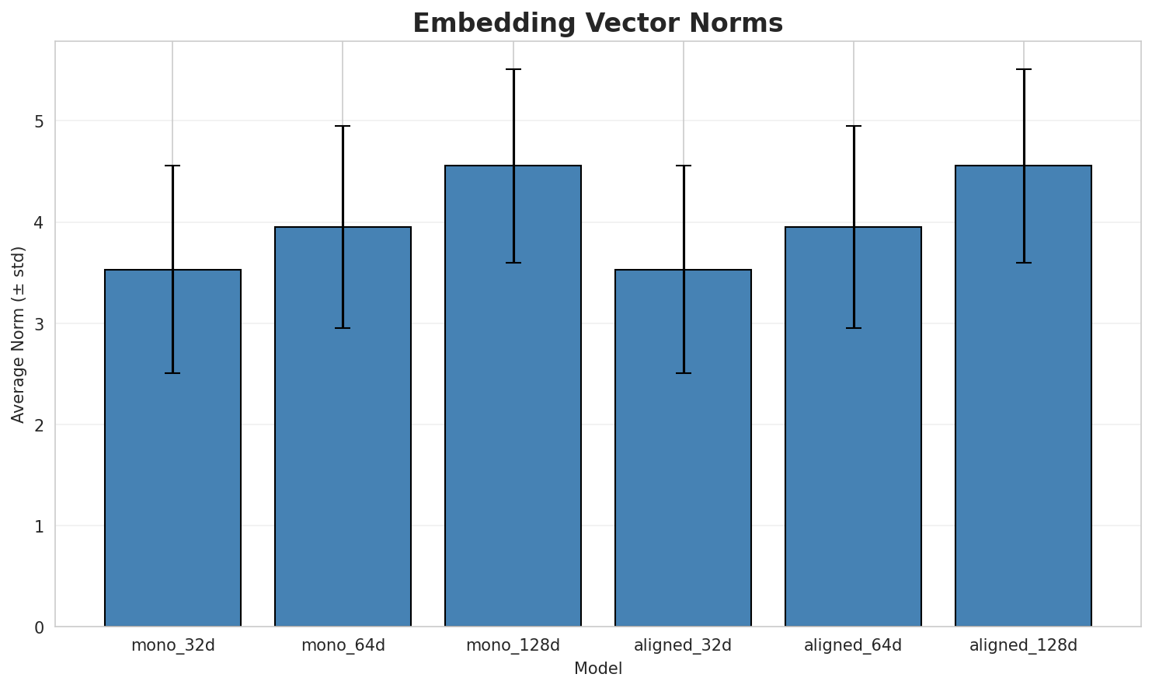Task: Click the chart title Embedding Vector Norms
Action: pos(597,23)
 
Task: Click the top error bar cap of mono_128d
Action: pos(513,69)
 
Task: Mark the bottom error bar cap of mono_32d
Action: pos(172,373)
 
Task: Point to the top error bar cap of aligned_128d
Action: pos(1023,69)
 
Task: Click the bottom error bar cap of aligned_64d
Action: pos(853,328)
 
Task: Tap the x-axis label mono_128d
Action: pos(513,645)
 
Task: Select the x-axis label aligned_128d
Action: pos(1023,645)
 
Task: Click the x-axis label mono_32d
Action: pos(172,645)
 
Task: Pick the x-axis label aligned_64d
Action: pos(853,645)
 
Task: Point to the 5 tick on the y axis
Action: pos(38,121)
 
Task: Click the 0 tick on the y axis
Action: pos(38,627)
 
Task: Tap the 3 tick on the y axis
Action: pos(38,323)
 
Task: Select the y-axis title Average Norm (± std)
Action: pos(19,334)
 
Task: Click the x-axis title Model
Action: pos(597,669)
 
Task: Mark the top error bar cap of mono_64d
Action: pos(343,126)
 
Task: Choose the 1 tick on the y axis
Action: pos(38,526)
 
